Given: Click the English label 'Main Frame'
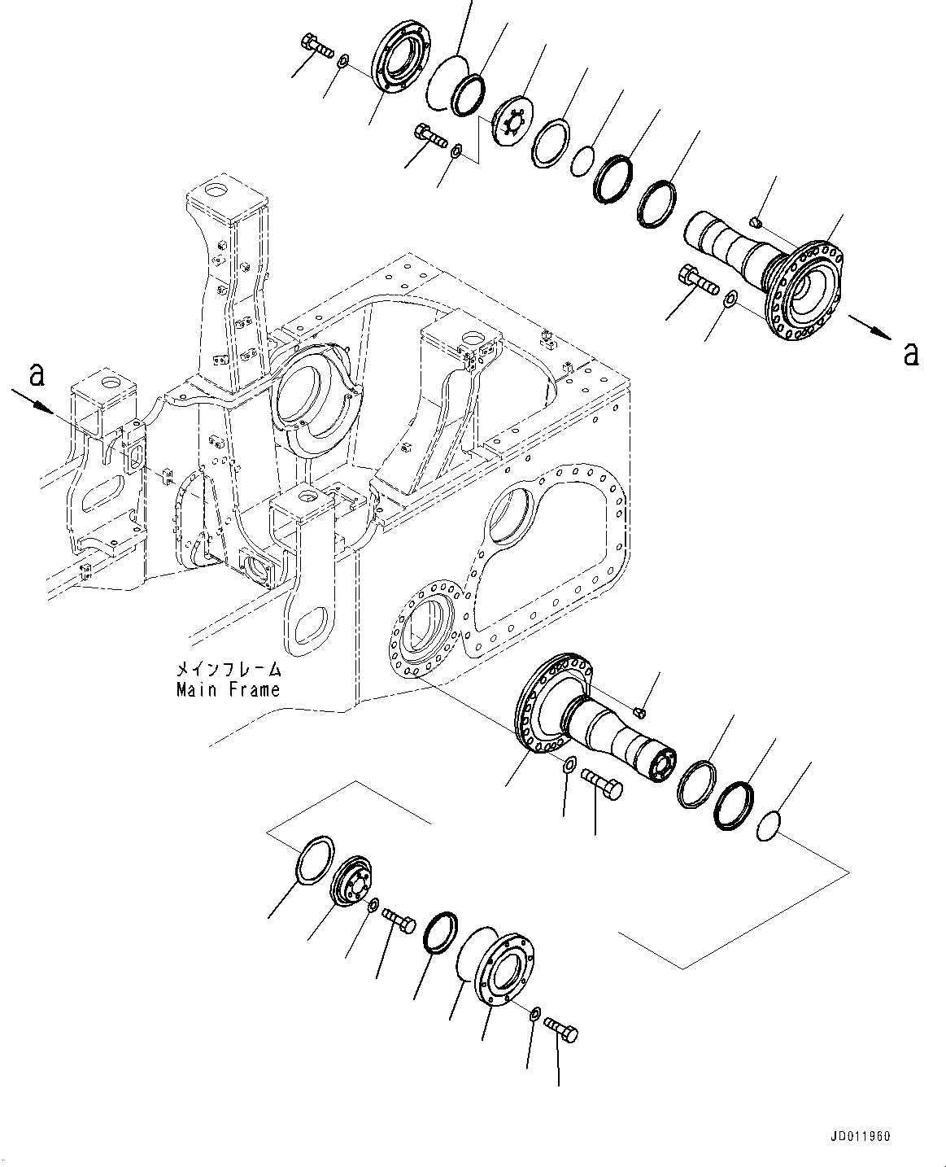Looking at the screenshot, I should click(229, 690).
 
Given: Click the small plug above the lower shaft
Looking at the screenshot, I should click(640, 713).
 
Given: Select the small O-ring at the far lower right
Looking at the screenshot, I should click(769, 828).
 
